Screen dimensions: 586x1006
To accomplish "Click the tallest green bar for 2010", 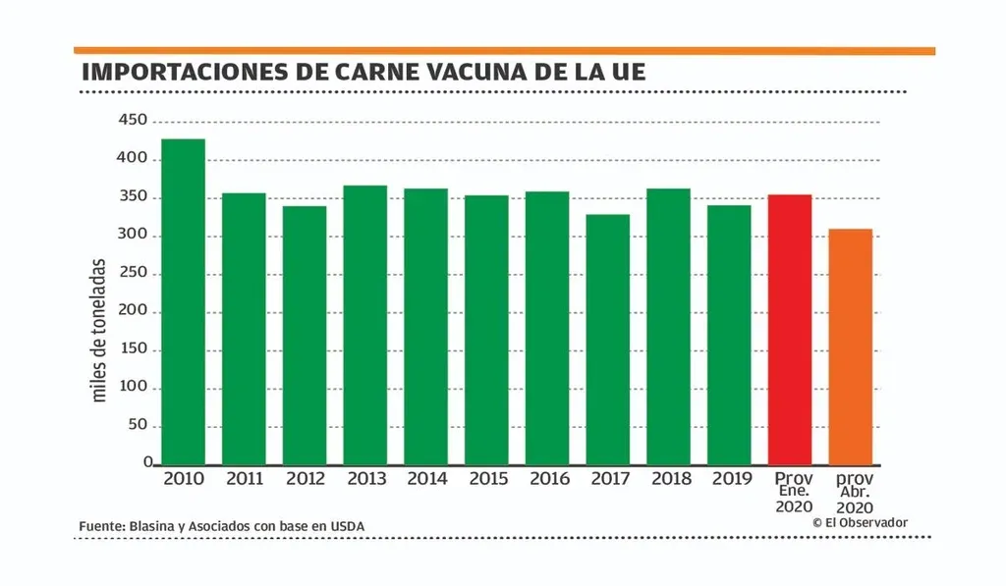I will [x=183, y=301].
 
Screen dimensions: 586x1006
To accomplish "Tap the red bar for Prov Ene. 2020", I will [x=790, y=329].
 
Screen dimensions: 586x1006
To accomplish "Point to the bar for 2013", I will [x=364, y=324].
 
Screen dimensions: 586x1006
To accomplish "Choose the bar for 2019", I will [x=729, y=334].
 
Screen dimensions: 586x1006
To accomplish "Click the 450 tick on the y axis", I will [x=133, y=121].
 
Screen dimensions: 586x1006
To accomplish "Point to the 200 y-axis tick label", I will [x=133, y=312].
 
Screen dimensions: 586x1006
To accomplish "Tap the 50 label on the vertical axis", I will [x=137, y=426].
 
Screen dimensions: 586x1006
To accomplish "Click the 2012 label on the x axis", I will [x=305, y=479].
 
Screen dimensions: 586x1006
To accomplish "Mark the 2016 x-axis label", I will [x=549, y=479].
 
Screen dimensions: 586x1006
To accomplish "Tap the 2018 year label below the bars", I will [x=671, y=479].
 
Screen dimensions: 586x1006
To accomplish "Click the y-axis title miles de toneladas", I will [x=99, y=330].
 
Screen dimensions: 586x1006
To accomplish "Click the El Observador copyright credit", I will [x=860, y=523].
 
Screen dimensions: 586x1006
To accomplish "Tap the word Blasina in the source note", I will [x=154, y=527].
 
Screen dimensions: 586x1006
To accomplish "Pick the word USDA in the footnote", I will [x=346, y=527].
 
